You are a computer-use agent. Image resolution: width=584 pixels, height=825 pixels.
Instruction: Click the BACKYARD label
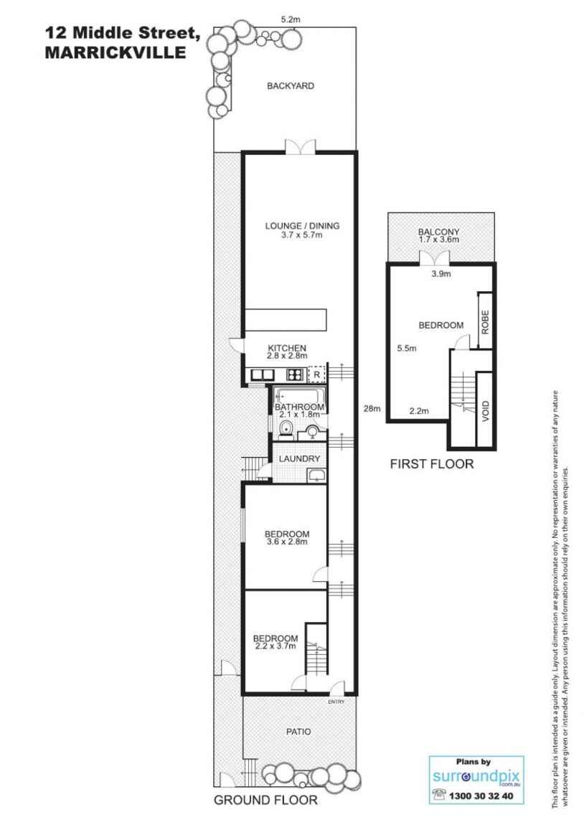click(x=291, y=86)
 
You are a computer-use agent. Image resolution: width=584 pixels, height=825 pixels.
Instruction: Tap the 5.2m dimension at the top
click(x=291, y=20)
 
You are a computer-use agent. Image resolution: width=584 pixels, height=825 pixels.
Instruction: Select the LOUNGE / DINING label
click(x=302, y=226)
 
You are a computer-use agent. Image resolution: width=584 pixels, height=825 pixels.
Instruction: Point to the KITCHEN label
click(x=287, y=347)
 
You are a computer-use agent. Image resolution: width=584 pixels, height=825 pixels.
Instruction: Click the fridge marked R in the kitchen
click(x=316, y=374)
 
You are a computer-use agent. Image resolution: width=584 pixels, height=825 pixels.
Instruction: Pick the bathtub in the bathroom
click(x=300, y=396)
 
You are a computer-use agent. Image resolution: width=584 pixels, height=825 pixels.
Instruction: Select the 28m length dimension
click(x=370, y=409)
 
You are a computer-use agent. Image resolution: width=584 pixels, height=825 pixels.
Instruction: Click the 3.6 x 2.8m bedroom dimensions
click(x=287, y=542)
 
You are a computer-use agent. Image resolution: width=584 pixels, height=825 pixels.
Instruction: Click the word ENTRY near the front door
click(x=336, y=702)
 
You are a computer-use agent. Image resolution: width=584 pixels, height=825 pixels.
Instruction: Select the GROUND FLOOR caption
click(x=265, y=800)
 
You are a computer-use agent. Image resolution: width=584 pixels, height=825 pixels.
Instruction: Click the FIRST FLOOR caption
click(x=431, y=464)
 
